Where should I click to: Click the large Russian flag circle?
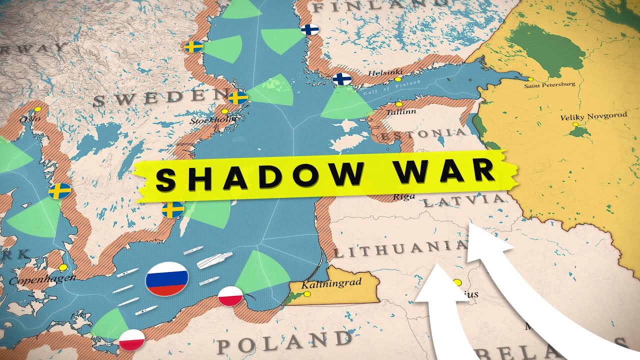[167, 278]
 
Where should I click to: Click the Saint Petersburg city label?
[549, 85]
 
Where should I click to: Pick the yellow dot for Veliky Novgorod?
[575, 123]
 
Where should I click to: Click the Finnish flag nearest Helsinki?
[342, 79]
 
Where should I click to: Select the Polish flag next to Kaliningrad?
[231, 296]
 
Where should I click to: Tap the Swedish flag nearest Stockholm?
[237, 97]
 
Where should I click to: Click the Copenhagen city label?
[42, 280]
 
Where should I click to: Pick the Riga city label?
[404, 196]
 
